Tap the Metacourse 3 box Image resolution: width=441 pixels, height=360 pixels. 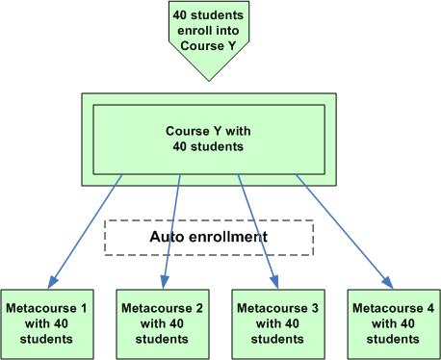[x=276, y=322]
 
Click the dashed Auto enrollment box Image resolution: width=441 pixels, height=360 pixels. [x=209, y=237]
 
